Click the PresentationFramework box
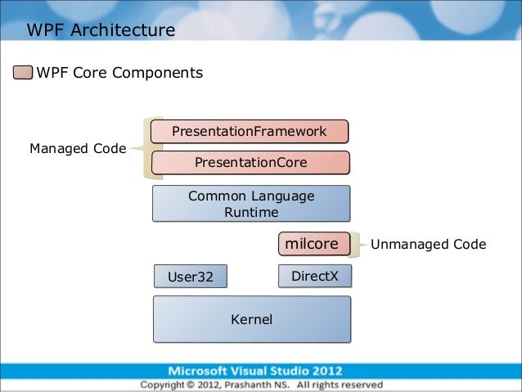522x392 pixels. point(250,132)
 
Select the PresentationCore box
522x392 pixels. point(250,163)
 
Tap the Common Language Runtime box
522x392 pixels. point(250,204)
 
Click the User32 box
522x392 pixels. point(190,277)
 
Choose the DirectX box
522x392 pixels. point(314,276)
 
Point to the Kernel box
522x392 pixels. point(251,319)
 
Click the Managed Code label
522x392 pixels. point(78,148)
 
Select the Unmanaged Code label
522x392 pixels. point(429,244)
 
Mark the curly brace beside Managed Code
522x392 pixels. point(143,148)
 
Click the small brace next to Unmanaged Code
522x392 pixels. point(360,244)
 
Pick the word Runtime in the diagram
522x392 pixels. point(250,213)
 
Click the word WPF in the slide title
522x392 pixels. point(45,31)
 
